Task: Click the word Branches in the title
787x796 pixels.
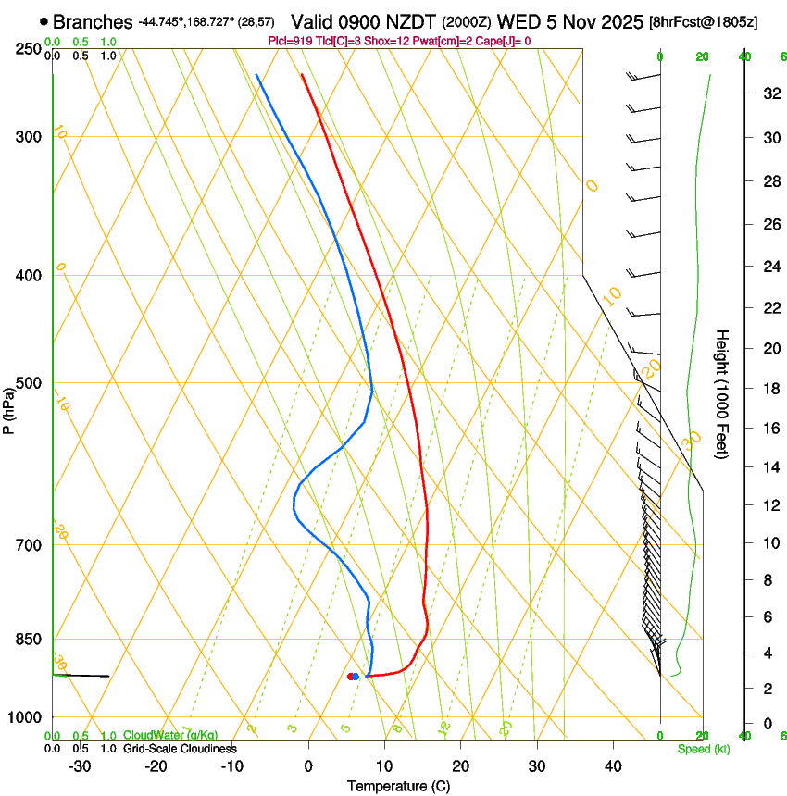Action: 94,22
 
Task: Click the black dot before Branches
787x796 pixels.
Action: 44,21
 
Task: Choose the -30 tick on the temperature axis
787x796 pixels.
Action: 80,765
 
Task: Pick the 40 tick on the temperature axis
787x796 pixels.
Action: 613,765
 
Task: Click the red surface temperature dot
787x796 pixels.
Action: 350,677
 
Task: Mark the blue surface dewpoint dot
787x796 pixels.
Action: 356,677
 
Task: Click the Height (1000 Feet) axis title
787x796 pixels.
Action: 722,393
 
